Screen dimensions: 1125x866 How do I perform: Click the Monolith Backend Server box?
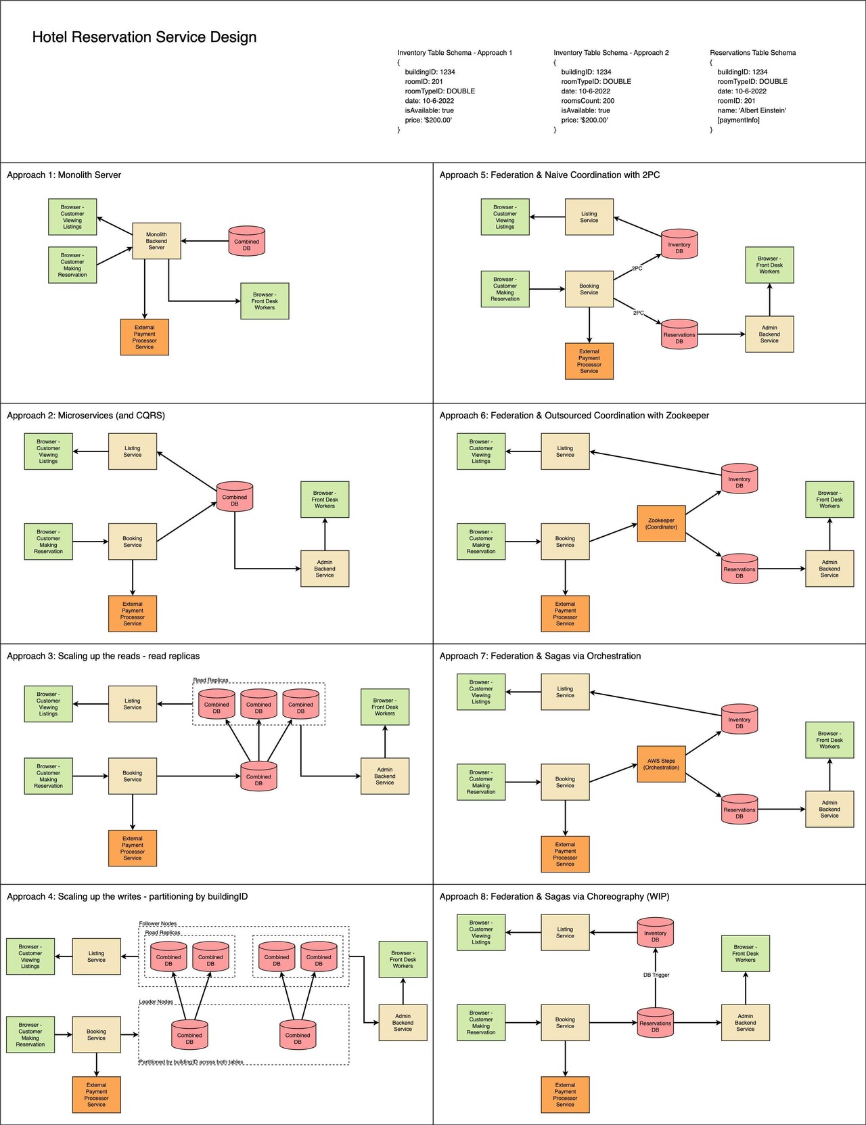(x=156, y=241)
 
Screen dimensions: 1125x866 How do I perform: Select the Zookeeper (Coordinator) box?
(x=661, y=523)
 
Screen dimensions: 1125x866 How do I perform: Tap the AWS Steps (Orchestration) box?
(x=661, y=764)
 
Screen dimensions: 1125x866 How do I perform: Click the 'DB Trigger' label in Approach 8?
(x=656, y=975)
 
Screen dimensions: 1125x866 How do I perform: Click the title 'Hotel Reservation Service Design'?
(x=144, y=37)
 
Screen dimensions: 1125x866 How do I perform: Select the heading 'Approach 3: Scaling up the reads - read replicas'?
(x=103, y=656)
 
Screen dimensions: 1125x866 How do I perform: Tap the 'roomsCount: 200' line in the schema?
(x=587, y=101)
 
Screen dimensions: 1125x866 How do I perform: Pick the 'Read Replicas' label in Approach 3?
(x=210, y=680)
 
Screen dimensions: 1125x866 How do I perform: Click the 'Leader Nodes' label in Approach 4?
(x=156, y=1001)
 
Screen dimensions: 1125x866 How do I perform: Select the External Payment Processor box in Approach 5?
(x=589, y=361)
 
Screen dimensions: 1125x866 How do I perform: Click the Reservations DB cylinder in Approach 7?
(x=739, y=811)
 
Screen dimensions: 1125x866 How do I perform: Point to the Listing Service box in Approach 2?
(x=133, y=451)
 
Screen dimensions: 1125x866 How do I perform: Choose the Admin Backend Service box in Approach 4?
(x=403, y=1022)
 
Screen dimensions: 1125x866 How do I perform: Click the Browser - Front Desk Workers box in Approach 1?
(x=265, y=301)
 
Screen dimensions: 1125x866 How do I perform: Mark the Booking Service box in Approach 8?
(x=565, y=1022)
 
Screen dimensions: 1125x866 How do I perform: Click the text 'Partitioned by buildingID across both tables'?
(x=191, y=1061)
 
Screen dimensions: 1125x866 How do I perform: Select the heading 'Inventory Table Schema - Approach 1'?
(x=455, y=52)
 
